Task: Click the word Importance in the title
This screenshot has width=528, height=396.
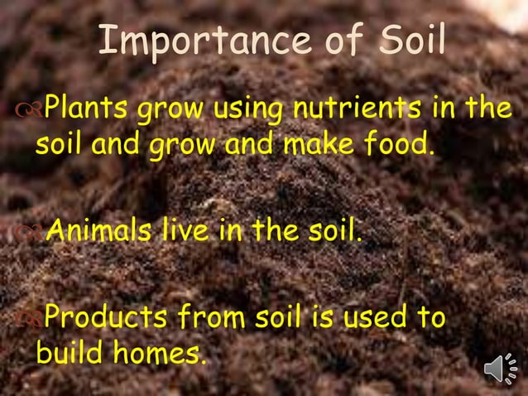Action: tap(182, 41)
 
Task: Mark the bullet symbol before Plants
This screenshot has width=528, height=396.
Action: tap(30, 109)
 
